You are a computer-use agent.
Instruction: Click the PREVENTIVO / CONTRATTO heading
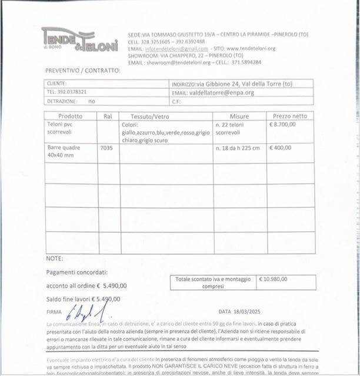[83, 70]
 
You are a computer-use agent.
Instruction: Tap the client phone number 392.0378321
[67, 92]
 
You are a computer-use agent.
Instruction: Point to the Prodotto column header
[71, 116]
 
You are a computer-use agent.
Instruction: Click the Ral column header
[108, 116]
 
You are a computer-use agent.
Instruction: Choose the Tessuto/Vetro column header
[149, 116]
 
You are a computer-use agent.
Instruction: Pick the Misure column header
[239, 116]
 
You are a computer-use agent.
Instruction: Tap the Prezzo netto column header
[290, 116]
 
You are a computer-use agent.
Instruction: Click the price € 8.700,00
[282, 124]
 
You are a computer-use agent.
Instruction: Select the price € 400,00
[280, 147]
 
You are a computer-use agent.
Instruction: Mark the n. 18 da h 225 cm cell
[238, 147]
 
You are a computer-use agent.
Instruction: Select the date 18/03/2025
[246, 311]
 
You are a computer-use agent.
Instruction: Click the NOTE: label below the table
[55, 258]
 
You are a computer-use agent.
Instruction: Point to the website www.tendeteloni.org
[251, 48]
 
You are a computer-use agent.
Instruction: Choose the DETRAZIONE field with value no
[71, 101]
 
